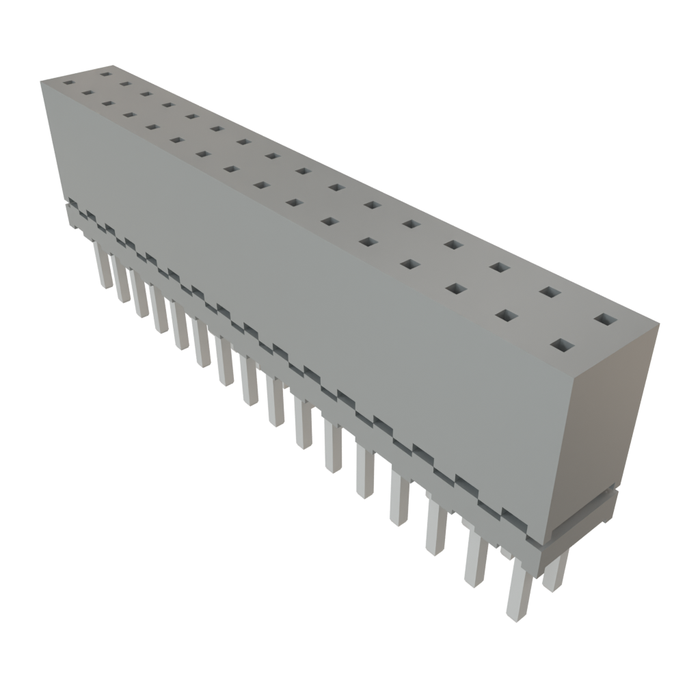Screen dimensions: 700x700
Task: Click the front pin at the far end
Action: (x=103, y=267)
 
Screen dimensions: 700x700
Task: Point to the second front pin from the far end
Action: (x=122, y=282)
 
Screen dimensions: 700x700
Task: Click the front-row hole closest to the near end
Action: (x=561, y=346)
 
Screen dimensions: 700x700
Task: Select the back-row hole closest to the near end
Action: (x=604, y=319)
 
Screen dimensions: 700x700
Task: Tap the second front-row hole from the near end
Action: (x=505, y=315)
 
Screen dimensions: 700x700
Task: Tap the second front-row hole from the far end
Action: (x=87, y=92)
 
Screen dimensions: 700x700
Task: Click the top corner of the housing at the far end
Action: (x=41, y=80)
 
